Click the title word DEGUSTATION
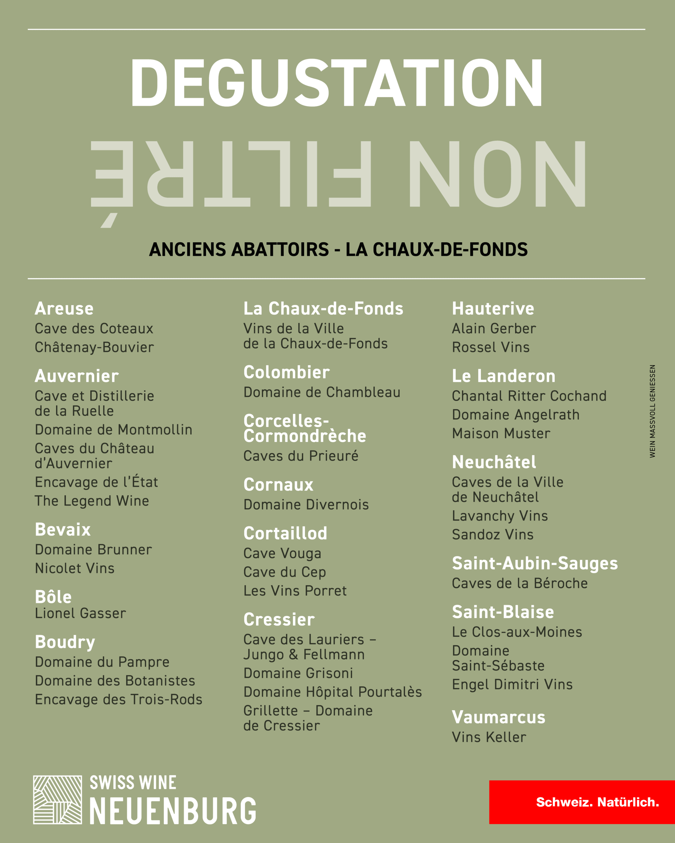(337, 83)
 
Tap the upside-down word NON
(497, 174)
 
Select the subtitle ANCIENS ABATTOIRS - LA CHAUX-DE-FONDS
(338, 250)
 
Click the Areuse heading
(64, 309)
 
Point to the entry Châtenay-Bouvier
(94, 347)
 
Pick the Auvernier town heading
(77, 376)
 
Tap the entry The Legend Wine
(92, 501)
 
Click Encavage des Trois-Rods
(119, 699)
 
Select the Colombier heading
(286, 372)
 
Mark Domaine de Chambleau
(322, 392)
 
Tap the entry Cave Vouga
(282, 553)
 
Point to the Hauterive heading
(493, 309)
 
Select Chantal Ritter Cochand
(529, 396)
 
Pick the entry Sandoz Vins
(493, 534)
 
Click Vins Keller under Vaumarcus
(489, 737)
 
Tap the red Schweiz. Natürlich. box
(582, 802)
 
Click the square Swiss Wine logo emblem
(58, 800)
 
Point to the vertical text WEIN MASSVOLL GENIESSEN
(652, 411)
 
